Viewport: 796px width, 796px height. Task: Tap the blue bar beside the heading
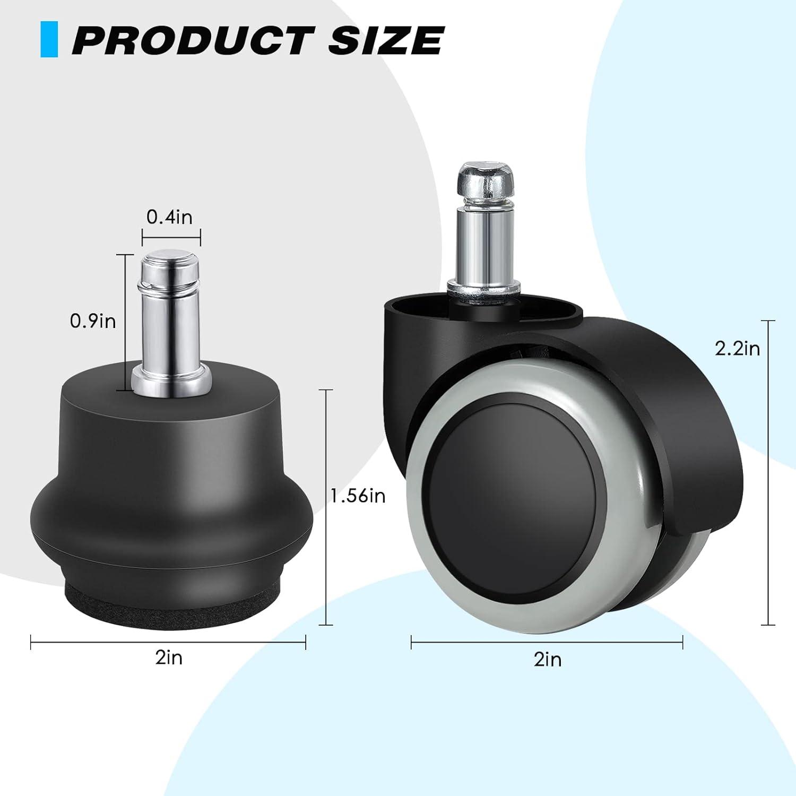point(49,39)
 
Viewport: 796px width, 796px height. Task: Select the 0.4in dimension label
point(169,217)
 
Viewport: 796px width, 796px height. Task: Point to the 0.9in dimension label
point(93,321)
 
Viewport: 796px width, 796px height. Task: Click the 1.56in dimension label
point(358,496)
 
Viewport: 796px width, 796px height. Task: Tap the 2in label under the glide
point(169,657)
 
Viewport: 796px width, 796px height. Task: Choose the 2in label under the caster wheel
point(548,660)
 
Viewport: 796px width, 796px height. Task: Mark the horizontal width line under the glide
point(168,643)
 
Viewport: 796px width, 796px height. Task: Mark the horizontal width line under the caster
point(547,644)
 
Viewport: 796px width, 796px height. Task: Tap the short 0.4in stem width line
point(171,236)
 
